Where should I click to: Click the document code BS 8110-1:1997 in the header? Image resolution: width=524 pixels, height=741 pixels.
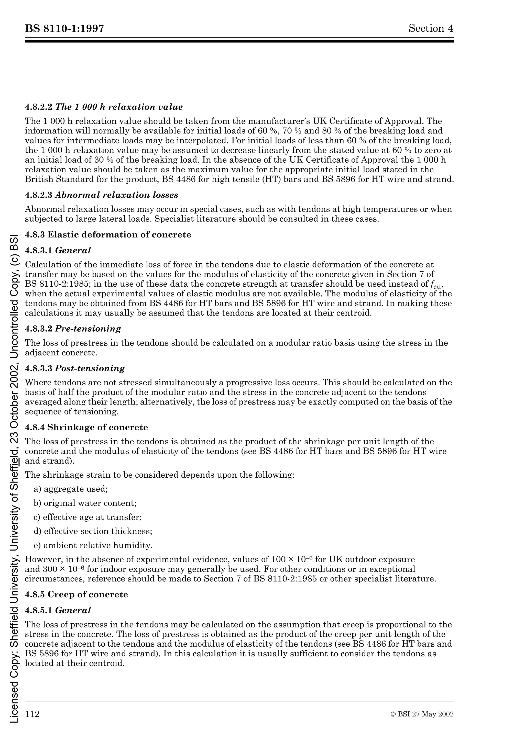coord(64,29)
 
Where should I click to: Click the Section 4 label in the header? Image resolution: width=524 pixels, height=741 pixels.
coord(431,28)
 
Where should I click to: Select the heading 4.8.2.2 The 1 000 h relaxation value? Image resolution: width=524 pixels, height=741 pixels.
coord(104,107)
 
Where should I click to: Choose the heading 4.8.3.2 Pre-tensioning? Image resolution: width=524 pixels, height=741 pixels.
coord(73,329)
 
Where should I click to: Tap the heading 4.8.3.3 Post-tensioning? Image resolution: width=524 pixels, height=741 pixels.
coord(75,368)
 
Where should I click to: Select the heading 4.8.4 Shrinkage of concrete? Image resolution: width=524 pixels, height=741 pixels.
coord(86,427)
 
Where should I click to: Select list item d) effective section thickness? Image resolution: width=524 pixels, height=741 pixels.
coord(93,531)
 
